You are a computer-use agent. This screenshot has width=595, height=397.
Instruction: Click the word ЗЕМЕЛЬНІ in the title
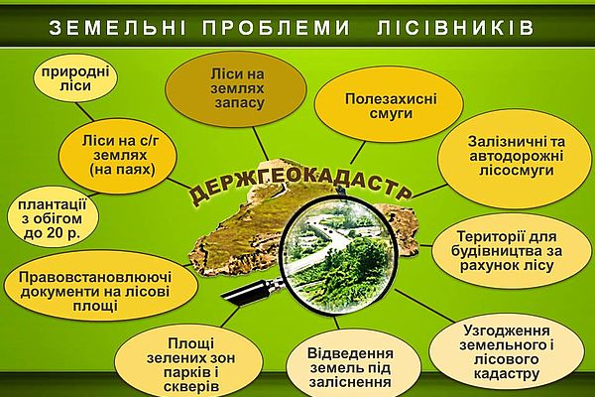pyautogui.click(x=118, y=28)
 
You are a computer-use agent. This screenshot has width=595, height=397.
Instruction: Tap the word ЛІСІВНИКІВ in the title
pyautogui.click(x=456, y=28)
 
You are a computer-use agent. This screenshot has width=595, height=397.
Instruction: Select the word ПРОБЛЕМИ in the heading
pyautogui.click(x=276, y=28)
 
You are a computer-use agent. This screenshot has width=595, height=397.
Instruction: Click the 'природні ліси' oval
pyautogui.click(x=75, y=78)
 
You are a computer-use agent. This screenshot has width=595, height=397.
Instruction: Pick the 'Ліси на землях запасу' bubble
pyautogui.click(x=236, y=88)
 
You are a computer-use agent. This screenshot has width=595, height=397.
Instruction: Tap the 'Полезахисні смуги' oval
pyautogui.click(x=389, y=105)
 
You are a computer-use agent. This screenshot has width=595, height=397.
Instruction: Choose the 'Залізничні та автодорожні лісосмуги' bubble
pyautogui.click(x=515, y=157)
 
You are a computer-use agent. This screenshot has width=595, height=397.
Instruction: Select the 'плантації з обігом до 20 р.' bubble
pyautogui.click(x=53, y=217)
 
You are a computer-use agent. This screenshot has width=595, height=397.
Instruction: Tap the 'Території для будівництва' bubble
pyautogui.click(x=507, y=251)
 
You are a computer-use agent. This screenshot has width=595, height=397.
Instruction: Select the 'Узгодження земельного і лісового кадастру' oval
pyautogui.click(x=507, y=352)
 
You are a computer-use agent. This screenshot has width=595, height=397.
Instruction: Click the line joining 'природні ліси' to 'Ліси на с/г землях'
pyautogui.click(x=85, y=112)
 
